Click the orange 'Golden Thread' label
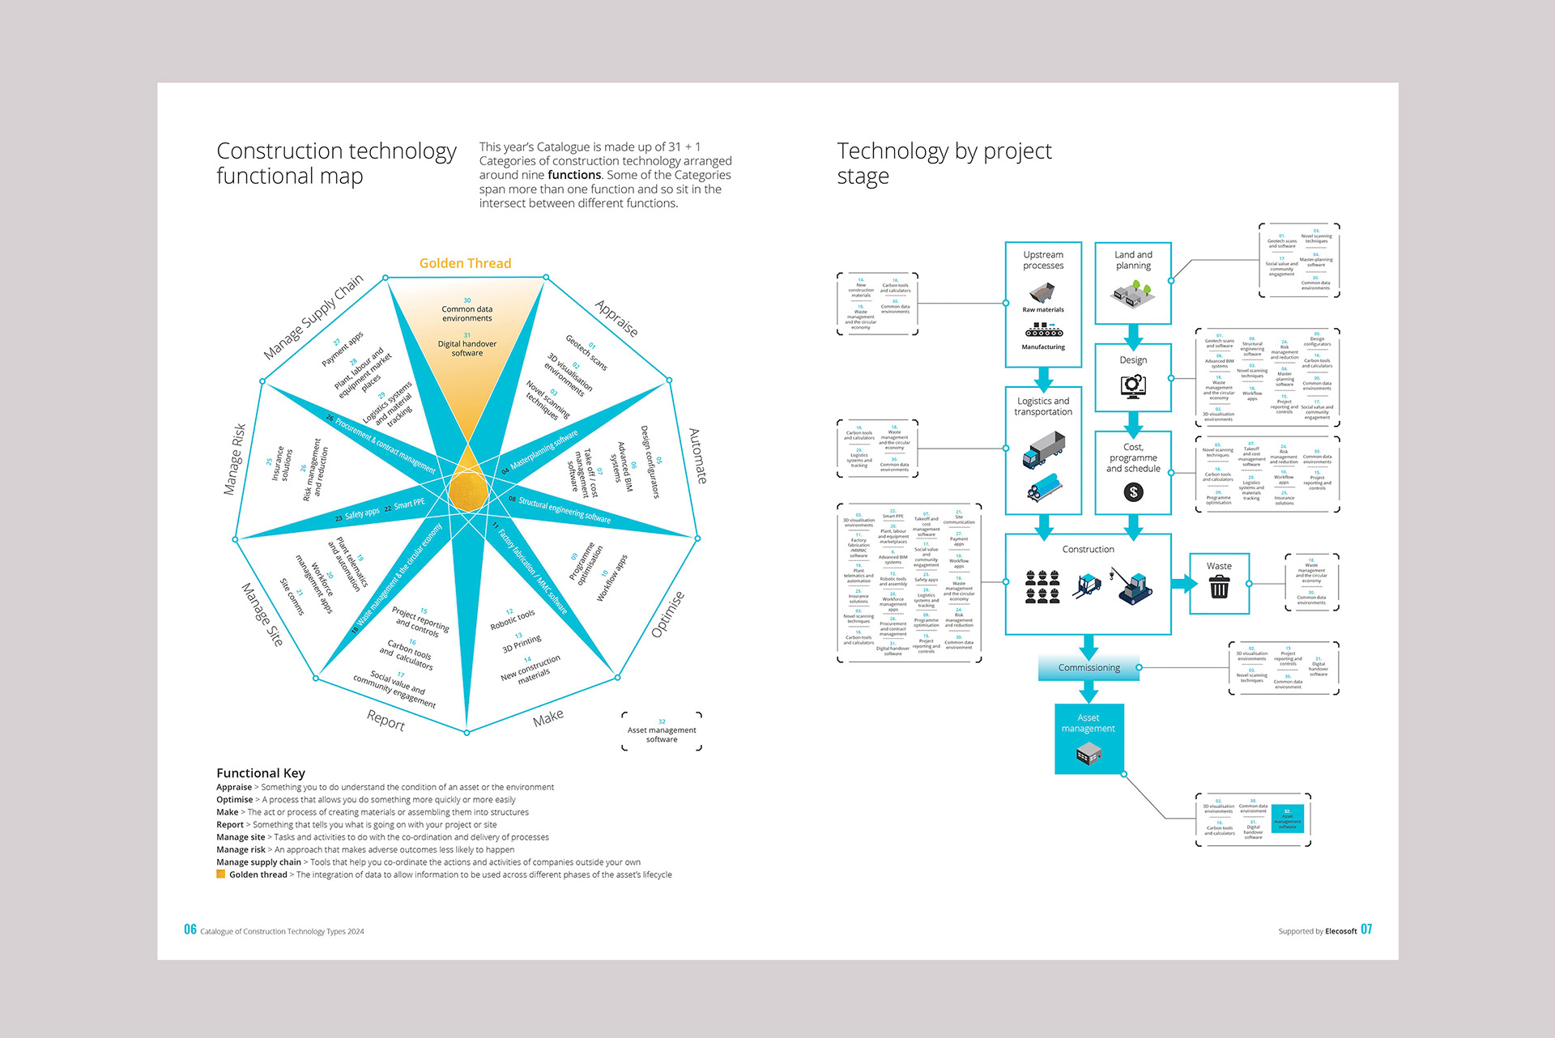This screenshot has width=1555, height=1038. click(x=465, y=263)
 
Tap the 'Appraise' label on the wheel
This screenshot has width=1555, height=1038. click(x=616, y=318)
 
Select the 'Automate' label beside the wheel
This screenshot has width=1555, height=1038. click(x=697, y=456)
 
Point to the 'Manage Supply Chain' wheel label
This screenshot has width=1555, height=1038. click(x=313, y=317)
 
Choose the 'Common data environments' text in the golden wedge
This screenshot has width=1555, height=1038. click(x=466, y=313)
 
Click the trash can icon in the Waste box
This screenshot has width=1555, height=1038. click(x=1219, y=588)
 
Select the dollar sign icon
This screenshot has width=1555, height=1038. click(x=1133, y=491)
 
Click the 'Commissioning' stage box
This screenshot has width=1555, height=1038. click(x=1088, y=668)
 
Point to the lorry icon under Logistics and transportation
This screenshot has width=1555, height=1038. click(x=1043, y=449)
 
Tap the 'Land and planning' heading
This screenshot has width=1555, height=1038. click(x=1133, y=260)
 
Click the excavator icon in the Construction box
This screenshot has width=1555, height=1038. click(x=1135, y=587)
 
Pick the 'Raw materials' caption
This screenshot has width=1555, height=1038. click(x=1043, y=310)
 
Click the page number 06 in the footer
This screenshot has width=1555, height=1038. click(x=190, y=930)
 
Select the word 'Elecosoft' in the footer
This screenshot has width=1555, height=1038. click(x=1341, y=931)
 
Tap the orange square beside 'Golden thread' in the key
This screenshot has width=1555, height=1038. click(x=221, y=874)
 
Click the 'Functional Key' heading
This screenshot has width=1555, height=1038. click(x=261, y=773)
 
